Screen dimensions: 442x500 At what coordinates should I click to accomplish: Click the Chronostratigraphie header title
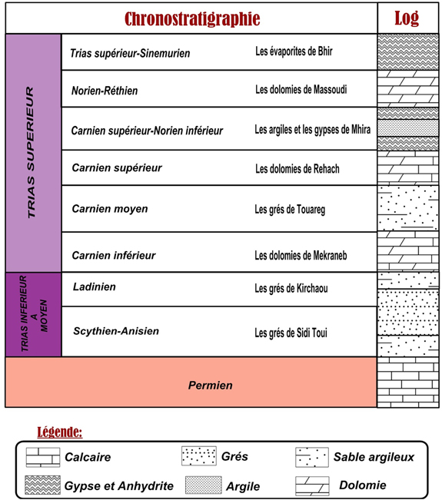[x=192, y=18]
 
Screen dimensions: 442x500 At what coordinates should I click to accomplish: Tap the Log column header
[x=407, y=18]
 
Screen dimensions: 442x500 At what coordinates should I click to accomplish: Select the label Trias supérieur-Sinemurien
[x=130, y=53]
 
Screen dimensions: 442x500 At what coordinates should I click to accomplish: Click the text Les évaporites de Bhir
[x=294, y=51]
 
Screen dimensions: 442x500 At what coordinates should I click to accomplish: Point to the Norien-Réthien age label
[x=105, y=91]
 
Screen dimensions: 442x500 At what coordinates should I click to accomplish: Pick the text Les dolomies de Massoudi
[x=301, y=90]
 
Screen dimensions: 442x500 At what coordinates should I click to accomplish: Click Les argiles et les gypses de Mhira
[x=312, y=130]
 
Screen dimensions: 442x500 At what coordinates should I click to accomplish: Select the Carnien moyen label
[x=110, y=209]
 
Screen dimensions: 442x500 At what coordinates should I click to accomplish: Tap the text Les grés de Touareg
[x=290, y=210]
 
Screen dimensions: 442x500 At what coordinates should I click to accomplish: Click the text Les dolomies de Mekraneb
[x=301, y=256]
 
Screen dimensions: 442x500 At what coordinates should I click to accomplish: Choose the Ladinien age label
[x=94, y=286]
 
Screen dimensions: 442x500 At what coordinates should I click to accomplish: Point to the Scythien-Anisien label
[x=116, y=331]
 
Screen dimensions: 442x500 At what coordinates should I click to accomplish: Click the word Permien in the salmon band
[x=211, y=386]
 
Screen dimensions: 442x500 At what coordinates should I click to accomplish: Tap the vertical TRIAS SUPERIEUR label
[x=30, y=152]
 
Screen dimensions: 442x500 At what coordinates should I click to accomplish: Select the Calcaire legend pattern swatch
[x=43, y=457]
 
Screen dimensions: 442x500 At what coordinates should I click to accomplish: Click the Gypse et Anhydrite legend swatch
[x=42, y=485]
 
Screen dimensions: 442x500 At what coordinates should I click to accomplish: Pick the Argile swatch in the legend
[x=203, y=485]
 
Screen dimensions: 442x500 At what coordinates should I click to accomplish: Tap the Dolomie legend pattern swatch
[x=312, y=486]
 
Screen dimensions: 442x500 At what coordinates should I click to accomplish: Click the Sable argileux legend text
[x=374, y=457]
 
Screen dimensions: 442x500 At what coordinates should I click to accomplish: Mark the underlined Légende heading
[x=60, y=432]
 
